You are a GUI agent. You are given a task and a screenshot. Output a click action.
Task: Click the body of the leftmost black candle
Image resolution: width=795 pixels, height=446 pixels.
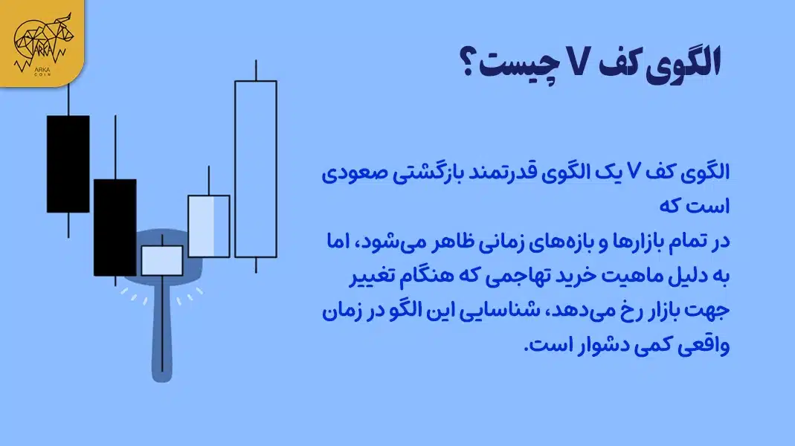[x=68, y=164]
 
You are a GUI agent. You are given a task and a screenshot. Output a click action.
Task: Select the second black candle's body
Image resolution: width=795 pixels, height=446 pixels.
[x=115, y=227]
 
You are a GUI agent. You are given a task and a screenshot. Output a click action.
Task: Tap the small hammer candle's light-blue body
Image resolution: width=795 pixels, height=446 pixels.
[x=162, y=260]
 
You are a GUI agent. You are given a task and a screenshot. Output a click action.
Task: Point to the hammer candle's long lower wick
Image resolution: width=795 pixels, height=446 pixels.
[x=162, y=327]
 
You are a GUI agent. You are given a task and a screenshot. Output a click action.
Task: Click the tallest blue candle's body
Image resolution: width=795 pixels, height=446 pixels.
[x=255, y=169]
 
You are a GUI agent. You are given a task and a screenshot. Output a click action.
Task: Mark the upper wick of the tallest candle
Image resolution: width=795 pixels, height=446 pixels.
[x=255, y=70]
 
